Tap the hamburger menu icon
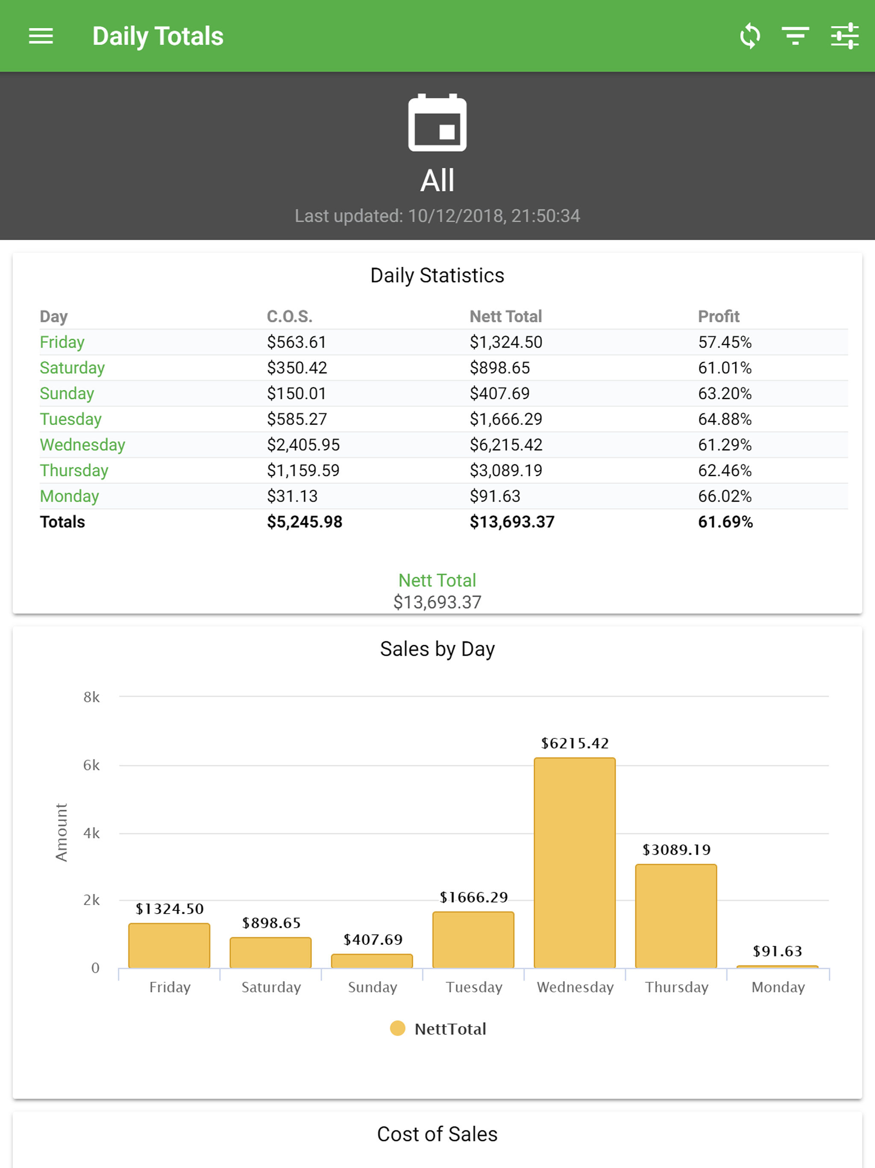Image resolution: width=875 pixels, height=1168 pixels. click(x=41, y=36)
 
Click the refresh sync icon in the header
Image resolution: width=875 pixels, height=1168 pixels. click(x=749, y=36)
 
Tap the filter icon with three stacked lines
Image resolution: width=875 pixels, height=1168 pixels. click(x=795, y=36)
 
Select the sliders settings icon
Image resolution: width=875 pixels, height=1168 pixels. click(x=844, y=36)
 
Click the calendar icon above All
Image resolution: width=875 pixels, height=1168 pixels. click(x=437, y=123)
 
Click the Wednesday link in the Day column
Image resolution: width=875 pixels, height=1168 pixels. click(x=82, y=445)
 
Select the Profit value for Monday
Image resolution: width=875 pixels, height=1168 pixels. click(x=725, y=496)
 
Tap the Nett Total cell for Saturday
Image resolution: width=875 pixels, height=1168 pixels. click(x=500, y=368)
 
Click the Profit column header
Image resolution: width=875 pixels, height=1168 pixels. click(x=718, y=316)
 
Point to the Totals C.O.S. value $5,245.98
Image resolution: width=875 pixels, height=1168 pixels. click(x=305, y=522)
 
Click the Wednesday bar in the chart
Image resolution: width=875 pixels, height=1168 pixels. click(x=574, y=863)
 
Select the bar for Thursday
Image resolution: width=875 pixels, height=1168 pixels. click(x=676, y=916)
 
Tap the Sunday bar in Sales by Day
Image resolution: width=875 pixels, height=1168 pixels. click(x=372, y=961)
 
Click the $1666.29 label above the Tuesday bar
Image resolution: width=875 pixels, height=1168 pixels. click(x=473, y=897)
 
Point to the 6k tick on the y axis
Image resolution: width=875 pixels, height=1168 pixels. click(x=91, y=765)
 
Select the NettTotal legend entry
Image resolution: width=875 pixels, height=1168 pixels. click(x=438, y=1029)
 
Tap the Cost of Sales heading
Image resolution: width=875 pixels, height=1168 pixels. click(x=437, y=1134)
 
